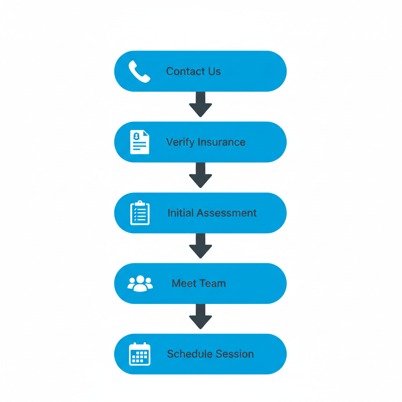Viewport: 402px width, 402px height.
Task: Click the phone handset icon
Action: pyautogui.click(x=139, y=71)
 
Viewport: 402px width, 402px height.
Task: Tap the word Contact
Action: pyautogui.click(x=183, y=71)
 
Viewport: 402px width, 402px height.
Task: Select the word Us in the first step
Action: pyautogui.click(x=214, y=71)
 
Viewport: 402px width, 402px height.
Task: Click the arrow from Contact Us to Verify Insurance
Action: pyautogui.click(x=200, y=104)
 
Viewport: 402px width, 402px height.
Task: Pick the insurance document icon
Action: pyautogui.click(x=139, y=142)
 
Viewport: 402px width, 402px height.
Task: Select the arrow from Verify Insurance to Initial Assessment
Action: pyautogui.click(x=200, y=175)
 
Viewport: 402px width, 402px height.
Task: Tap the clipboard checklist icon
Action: pyautogui.click(x=140, y=213)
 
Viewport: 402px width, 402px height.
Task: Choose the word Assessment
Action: pyautogui.click(x=227, y=213)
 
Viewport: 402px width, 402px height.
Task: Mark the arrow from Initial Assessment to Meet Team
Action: pyautogui.click(x=200, y=246)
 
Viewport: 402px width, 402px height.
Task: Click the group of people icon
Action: pyautogui.click(x=140, y=283)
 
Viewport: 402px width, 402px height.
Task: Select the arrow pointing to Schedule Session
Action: pyautogui.click(x=200, y=316)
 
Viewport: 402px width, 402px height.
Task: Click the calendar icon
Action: pyautogui.click(x=140, y=354)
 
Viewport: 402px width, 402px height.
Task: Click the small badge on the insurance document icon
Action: pyautogui.click(x=136, y=136)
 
